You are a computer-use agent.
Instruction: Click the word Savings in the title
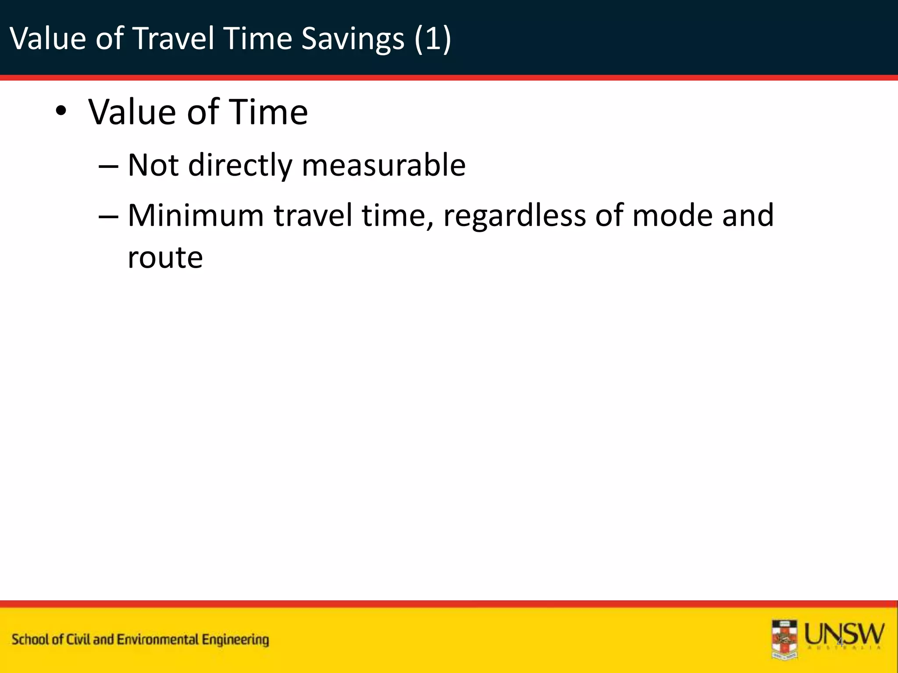click(x=353, y=39)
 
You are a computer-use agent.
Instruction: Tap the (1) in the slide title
click(x=432, y=39)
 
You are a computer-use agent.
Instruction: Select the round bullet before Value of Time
click(x=61, y=111)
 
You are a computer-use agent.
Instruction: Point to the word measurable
click(x=384, y=165)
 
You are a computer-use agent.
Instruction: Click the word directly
click(x=240, y=166)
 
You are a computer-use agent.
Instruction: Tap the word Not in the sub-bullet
click(x=153, y=165)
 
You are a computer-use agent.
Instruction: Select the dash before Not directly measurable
click(x=108, y=166)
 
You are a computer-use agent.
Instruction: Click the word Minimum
click(x=196, y=216)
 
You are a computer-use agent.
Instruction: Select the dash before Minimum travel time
click(x=108, y=217)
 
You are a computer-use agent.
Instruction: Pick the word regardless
click(x=514, y=216)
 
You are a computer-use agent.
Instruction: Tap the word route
click(x=165, y=257)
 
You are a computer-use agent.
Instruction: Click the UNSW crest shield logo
click(x=784, y=639)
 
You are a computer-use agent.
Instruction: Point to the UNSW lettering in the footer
click(x=844, y=634)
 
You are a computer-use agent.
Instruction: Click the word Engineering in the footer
click(x=235, y=640)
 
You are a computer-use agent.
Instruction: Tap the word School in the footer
click(x=31, y=640)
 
